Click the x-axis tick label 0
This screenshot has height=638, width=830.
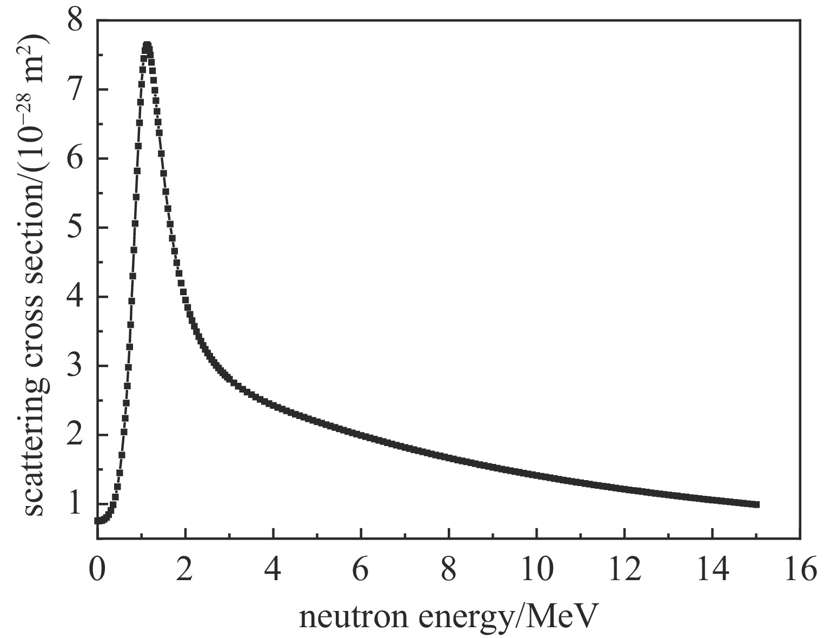click(97, 570)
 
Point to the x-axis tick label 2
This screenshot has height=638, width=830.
click(185, 570)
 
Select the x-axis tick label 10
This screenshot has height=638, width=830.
click(536, 570)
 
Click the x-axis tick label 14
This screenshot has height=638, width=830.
click(712, 570)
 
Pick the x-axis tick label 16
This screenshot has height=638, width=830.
click(800, 570)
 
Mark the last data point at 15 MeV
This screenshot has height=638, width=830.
click(756, 504)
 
